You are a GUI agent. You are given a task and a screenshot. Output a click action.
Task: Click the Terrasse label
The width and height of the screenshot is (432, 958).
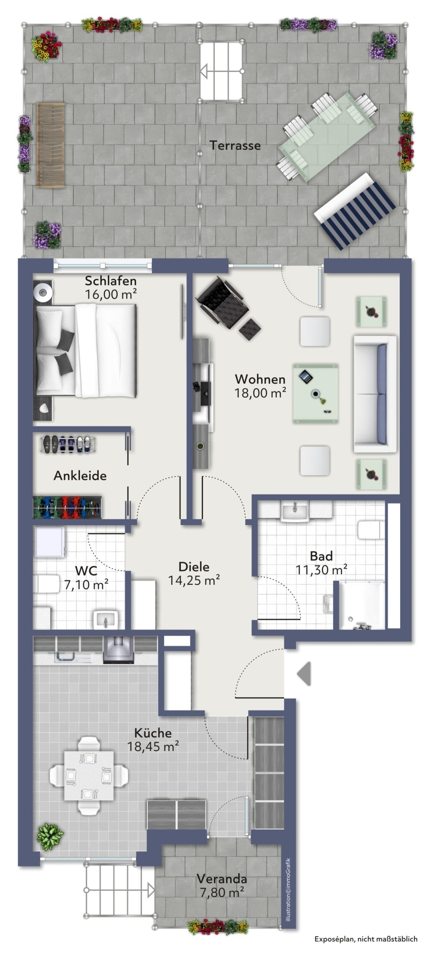pyautogui.click(x=235, y=145)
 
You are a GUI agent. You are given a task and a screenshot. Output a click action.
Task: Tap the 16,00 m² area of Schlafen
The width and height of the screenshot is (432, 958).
pyautogui.click(x=111, y=294)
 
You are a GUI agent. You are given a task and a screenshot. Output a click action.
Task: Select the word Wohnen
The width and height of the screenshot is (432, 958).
pyautogui.click(x=260, y=379)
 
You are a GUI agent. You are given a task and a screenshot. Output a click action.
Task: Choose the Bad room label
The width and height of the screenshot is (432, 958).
pyautogui.click(x=321, y=556)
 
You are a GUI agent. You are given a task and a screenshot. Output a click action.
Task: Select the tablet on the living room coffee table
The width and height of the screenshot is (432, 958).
pyautogui.click(x=305, y=377)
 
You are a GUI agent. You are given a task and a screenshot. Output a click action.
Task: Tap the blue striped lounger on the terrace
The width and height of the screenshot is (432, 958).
pyautogui.click(x=355, y=211)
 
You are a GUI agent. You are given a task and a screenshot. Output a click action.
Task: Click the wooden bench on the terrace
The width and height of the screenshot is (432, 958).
pyautogui.click(x=50, y=145)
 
